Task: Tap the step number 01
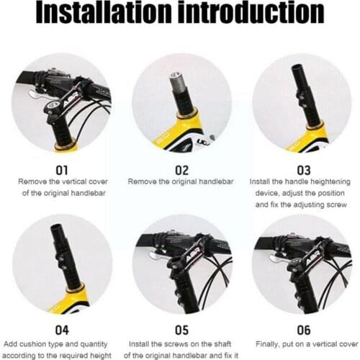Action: [x=62, y=170]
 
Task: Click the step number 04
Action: [x=62, y=330]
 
